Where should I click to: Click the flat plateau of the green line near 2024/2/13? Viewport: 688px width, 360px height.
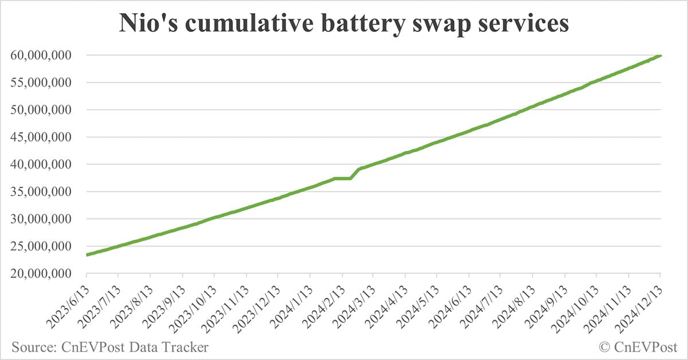(343, 178)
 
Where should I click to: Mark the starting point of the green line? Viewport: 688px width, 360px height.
(87, 255)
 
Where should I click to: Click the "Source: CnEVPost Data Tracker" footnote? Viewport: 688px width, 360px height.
(109, 347)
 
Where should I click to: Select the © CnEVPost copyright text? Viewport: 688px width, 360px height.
(638, 347)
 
